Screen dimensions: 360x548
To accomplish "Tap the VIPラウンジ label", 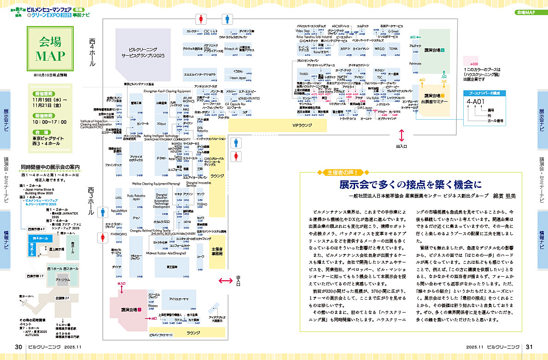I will [x=302, y=124].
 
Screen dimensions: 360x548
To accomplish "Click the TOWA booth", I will [x=393, y=48].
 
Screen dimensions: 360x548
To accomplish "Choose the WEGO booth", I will [x=379, y=48].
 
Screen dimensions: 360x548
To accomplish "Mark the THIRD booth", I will [x=303, y=74].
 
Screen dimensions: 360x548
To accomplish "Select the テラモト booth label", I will [x=162, y=158].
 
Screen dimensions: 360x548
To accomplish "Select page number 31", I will [x=529, y=347].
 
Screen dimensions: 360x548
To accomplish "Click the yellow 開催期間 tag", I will [x=46, y=92].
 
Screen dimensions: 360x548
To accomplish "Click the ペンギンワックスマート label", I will [x=161, y=335].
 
